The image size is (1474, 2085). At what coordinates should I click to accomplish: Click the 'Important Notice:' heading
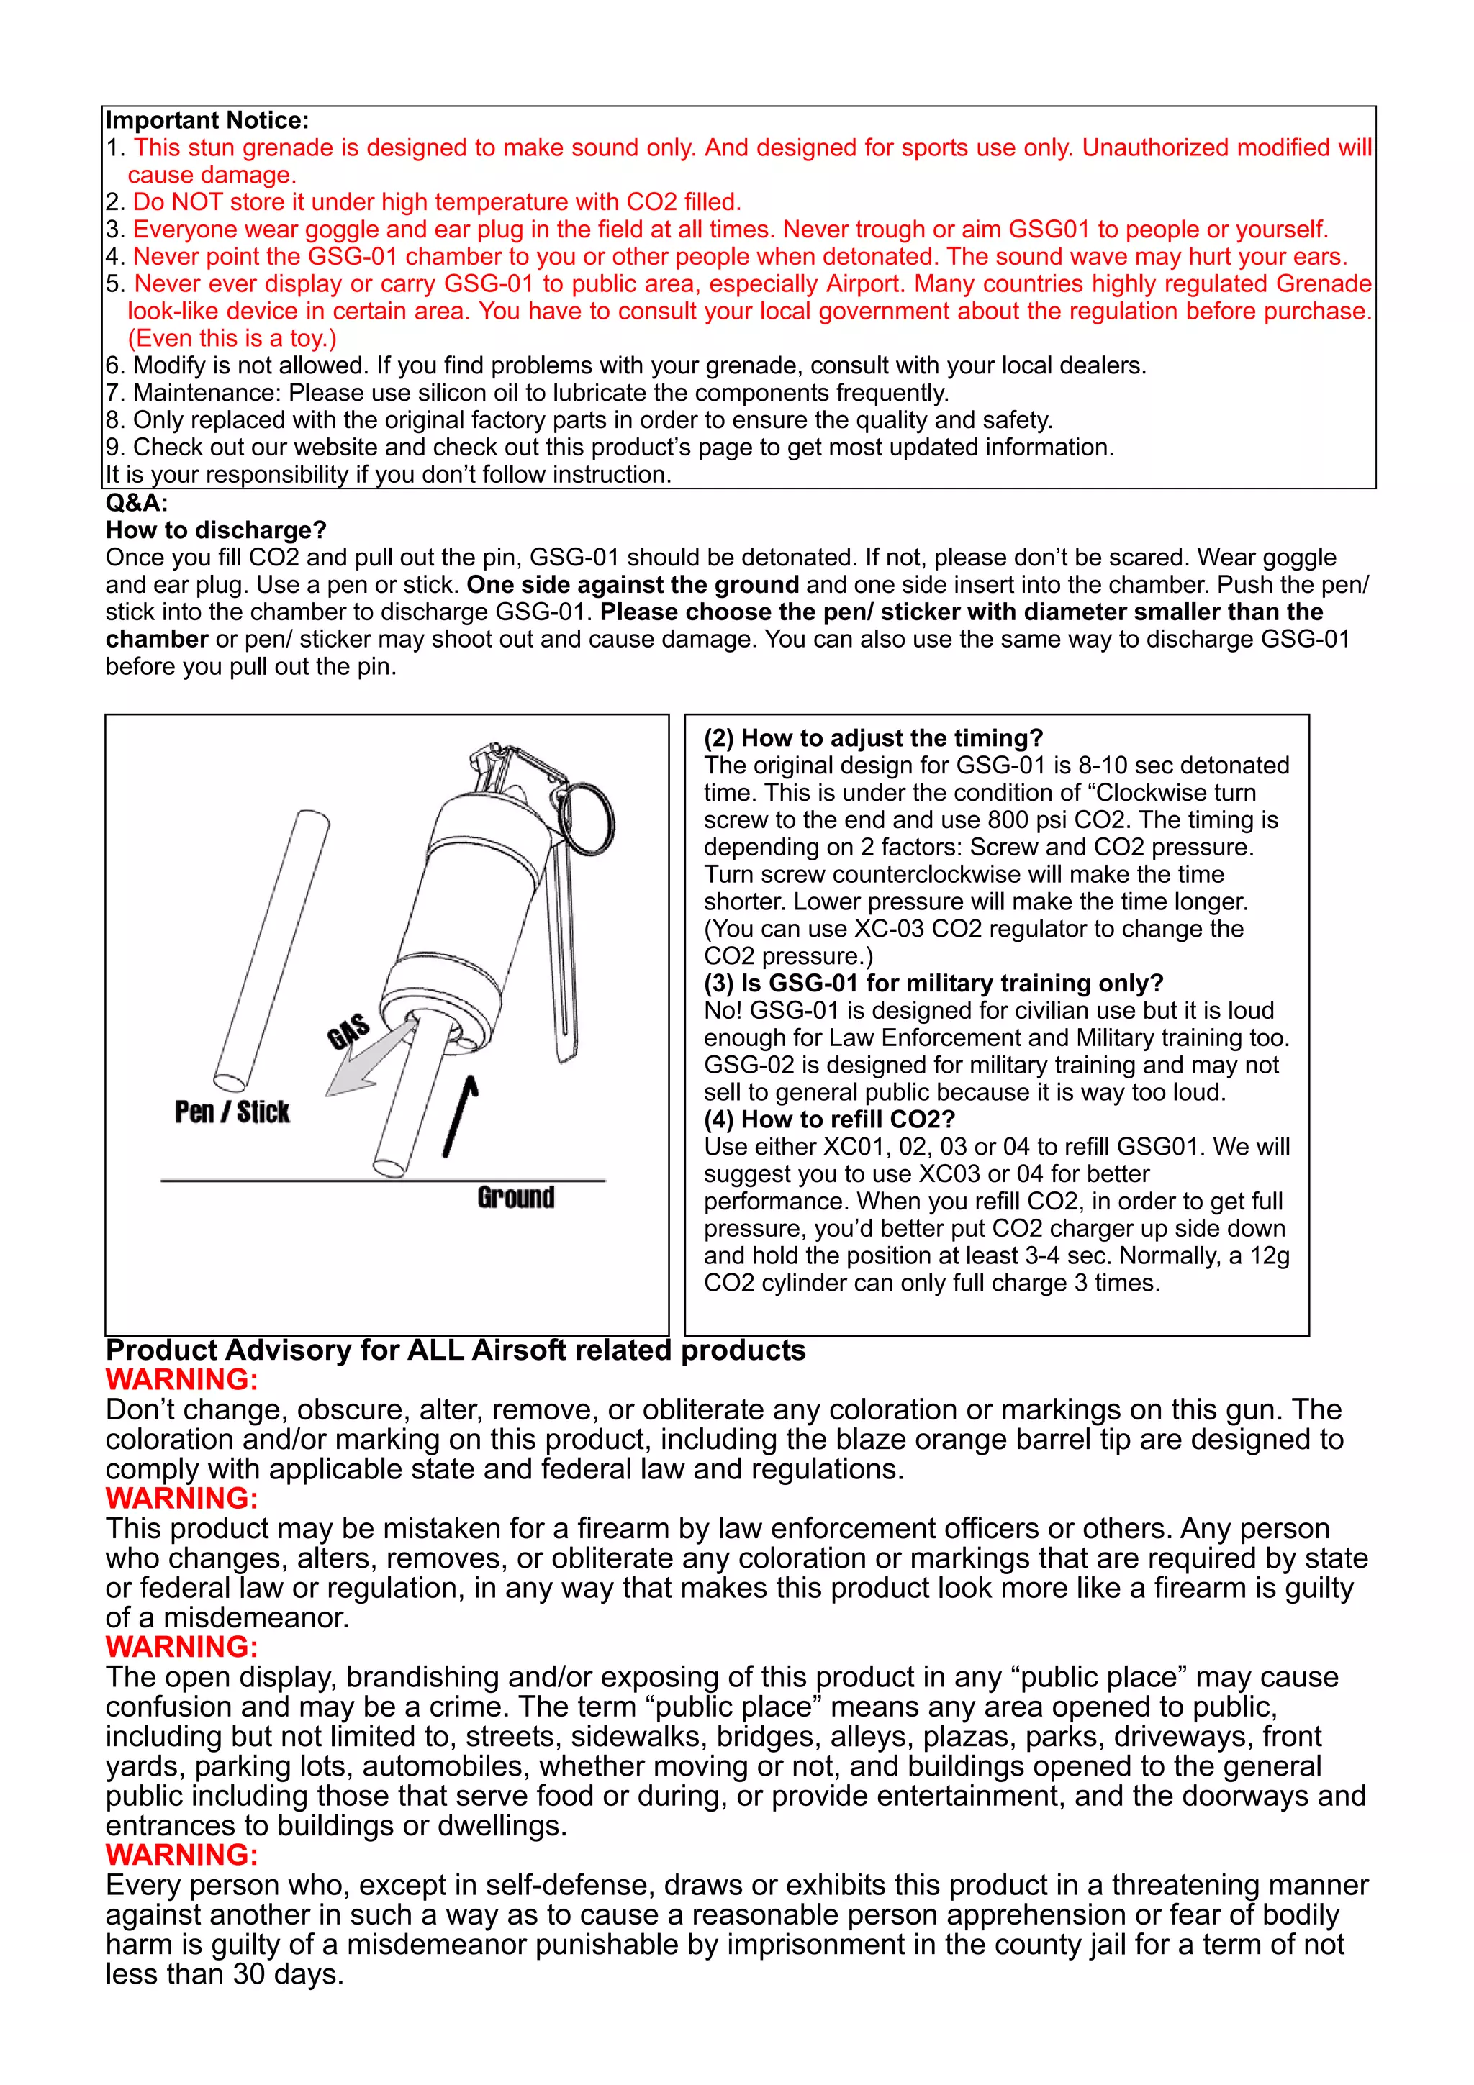pos(207,120)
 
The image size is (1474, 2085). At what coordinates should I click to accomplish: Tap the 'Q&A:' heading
pos(136,502)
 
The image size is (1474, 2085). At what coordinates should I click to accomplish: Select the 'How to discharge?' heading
pos(215,530)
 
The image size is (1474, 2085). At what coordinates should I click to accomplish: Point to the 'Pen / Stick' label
pos(232,1112)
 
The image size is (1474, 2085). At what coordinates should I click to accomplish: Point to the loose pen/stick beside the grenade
pos(273,949)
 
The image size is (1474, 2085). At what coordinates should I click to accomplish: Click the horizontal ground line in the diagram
pos(381,1181)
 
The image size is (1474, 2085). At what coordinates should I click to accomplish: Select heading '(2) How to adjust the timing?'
pos(873,737)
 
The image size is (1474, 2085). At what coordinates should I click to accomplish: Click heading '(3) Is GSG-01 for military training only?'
pos(933,983)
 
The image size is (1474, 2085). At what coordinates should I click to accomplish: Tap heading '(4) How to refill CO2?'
pos(829,1119)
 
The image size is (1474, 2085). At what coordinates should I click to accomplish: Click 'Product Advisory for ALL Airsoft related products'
pos(455,1350)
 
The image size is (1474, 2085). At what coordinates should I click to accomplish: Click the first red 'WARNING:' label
pos(181,1379)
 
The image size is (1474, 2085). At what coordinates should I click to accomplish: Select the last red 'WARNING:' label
pos(181,1854)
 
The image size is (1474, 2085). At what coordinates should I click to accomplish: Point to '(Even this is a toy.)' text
pos(232,338)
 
